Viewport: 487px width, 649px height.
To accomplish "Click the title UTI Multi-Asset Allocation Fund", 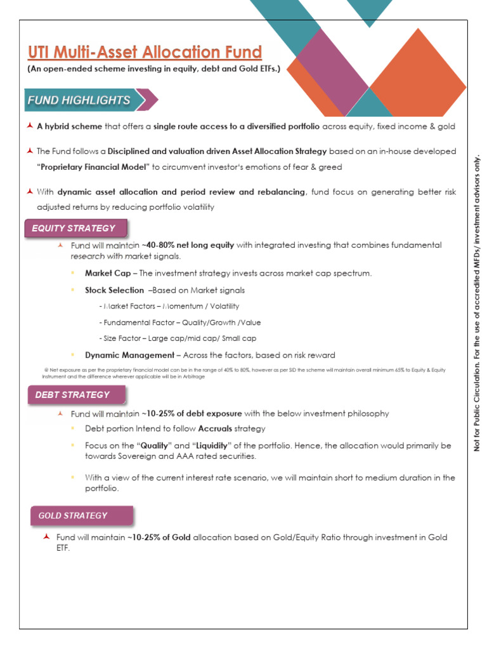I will coord(144,52).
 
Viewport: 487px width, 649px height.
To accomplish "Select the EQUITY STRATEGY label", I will coord(75,228).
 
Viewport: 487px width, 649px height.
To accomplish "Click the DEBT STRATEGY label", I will coord(72,394).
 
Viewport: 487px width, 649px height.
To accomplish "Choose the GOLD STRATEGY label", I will coord(73,515).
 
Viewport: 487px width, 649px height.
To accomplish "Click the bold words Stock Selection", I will coord(114,290).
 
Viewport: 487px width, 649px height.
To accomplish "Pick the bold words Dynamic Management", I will coord(129,355).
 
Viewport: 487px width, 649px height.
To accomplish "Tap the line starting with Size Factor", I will coord(178,338).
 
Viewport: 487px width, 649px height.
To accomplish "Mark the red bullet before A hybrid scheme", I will coord(30,126).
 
